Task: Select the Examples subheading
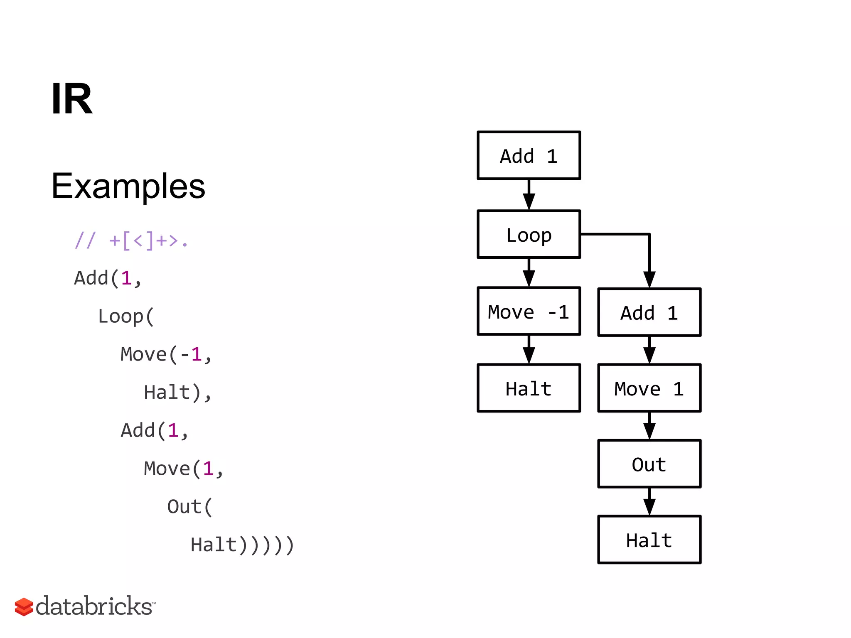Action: coord(128,186)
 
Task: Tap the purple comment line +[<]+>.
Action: coord(131,240)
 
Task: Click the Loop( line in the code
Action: coord(126,317)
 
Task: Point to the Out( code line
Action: coord(189,507)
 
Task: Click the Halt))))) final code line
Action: coord(242,545)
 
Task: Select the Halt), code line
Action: coord(178,393)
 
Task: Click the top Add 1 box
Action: coord(529,156)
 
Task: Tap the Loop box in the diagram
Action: coord(529,235)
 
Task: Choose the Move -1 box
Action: coord(529,312)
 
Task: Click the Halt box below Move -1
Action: coord(529,388)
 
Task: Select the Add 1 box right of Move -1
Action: coord(649,312)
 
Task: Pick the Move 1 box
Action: coord(649,388)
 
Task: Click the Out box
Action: coord(649,464)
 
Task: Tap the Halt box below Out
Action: coord(649,540)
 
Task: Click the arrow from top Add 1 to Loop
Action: coord(529,195)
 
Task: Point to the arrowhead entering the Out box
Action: coord(649,431)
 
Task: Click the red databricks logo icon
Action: coord(24,607)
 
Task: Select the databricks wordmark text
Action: coord(95,606)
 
